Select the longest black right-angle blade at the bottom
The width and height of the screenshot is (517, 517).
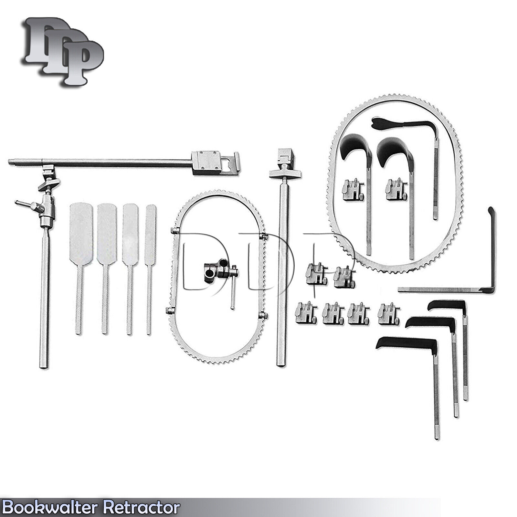click(x=407, y=343)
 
